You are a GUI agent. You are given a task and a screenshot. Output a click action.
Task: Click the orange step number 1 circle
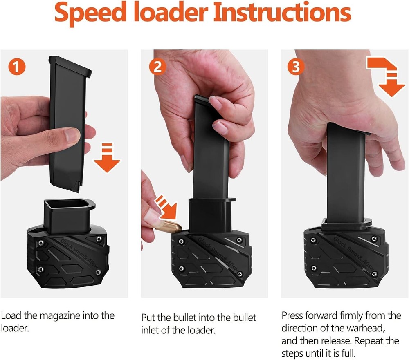tap(16, 67)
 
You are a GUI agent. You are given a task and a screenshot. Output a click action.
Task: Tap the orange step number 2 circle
tap(157, 67)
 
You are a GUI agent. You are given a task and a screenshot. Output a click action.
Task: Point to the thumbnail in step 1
tap(73, 135)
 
